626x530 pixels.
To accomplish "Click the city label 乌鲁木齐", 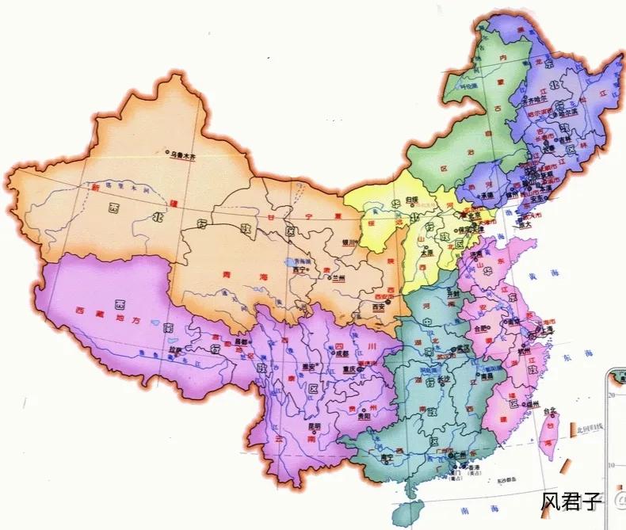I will tap(183, 156).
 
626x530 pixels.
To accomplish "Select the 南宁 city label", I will tap(387, 457).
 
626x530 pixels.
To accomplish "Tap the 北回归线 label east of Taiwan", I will tap(588, 429).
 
